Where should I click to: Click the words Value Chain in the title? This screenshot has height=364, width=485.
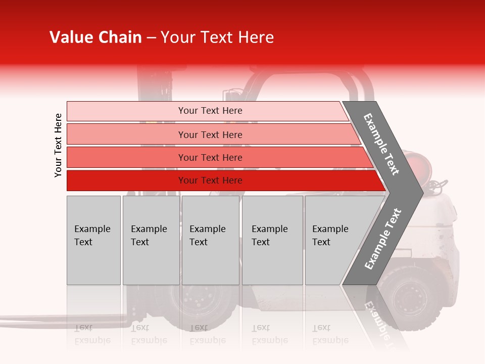click(x=95, y=37)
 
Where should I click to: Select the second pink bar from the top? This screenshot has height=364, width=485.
click(x=210, y=134)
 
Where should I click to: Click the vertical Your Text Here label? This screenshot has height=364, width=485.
click(x=58, y=145)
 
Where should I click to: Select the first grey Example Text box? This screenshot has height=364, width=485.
click(x=93, y=240)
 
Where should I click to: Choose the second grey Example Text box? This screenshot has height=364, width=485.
click(x=151, y=240)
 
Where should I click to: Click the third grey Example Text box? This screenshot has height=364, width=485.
click(x=210, y=240)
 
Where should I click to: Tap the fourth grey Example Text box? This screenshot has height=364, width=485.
click(x=272, y=240)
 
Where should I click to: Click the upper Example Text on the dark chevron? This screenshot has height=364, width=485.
click(x=381, y=144)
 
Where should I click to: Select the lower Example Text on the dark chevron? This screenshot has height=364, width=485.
click(x=383, y=239)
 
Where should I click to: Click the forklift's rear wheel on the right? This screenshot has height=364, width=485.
click(x=409, y=296)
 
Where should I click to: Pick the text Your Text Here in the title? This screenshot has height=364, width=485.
click(x=217, y=37)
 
